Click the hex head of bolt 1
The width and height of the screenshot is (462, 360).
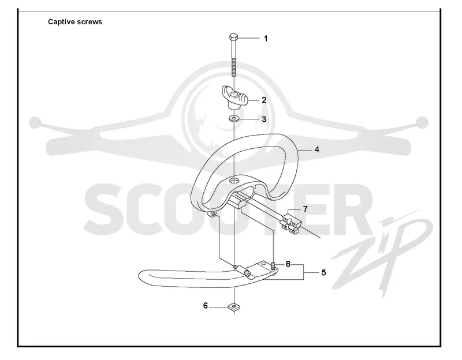coord(233,37)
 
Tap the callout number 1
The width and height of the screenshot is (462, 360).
coord(266,39)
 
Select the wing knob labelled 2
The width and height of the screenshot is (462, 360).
coord(234,97)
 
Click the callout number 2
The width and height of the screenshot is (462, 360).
coord(264,100)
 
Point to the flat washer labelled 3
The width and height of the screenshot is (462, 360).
coord(234,119)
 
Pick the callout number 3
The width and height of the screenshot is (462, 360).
coord(264,119)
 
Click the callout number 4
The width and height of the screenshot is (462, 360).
coord(316,149)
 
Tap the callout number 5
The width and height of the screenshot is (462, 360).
coord(323,272)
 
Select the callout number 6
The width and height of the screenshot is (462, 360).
coord(206,306)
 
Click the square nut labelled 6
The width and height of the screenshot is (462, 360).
coord(234,307)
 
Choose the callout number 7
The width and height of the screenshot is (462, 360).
coord(305,209)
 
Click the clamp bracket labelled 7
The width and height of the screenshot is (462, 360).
coord(290,223)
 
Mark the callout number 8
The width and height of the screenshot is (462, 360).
coord(288,264)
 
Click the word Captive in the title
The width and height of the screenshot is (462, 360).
coord(61,22)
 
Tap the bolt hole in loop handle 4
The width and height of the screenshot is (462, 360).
coord(234,180)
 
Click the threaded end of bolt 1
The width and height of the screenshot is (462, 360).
coord(233,67)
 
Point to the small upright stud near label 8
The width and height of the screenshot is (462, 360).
coord(273,265)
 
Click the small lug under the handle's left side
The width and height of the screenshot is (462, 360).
coord(213,215)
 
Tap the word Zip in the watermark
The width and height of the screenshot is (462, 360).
coord(383,250)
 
